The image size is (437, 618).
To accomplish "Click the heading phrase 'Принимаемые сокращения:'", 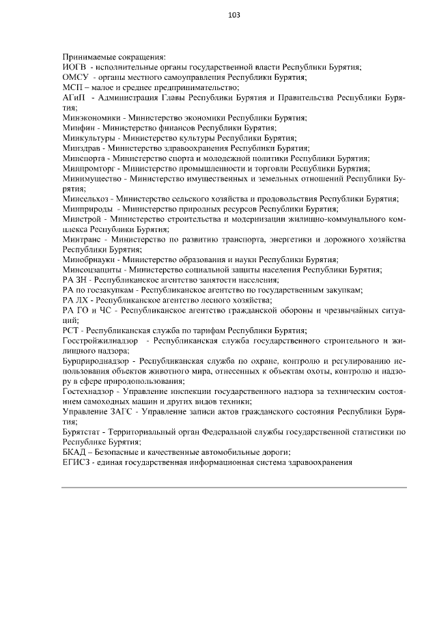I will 114,57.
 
